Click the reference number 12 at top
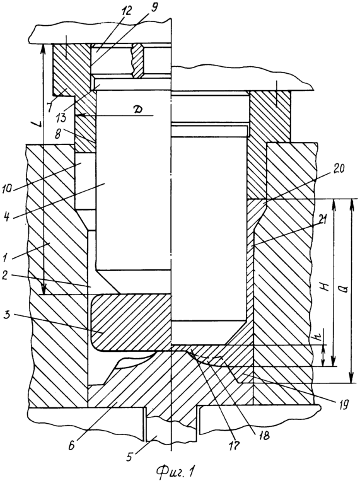pos(127,11)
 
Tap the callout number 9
pos(152,7)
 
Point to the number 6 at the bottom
pos(71,446)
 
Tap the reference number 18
pos(264,436)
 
